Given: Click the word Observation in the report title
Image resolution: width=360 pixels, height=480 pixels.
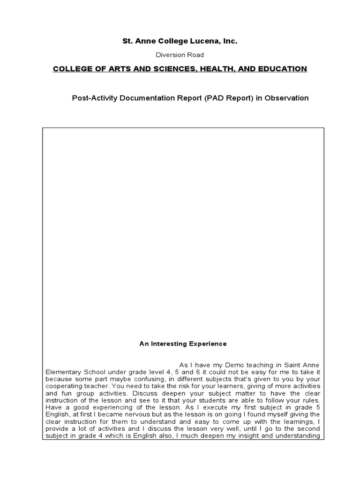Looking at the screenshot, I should tap(286, 98).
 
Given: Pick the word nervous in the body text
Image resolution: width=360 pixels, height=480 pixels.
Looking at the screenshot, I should tap(138, 414).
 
